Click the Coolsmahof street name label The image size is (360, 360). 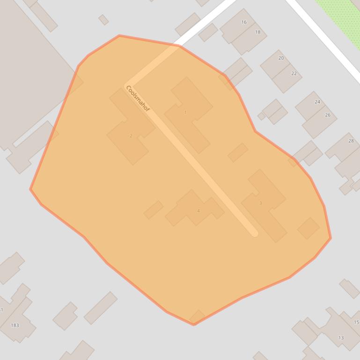tap(138, 99)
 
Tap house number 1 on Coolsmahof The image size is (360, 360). tap(185, 112)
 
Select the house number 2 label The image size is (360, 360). tap(131, 136)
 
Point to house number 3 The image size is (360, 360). tap(260, 203)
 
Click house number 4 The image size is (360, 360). tap(198, 211)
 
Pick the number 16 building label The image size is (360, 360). tap(244, 22)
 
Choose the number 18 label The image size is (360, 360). tap(257, 32)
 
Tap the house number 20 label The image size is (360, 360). tap(281, 58)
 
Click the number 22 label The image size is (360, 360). tap(294, 73)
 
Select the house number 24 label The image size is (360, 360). tap(317, 102)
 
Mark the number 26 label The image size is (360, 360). tap(328, 115)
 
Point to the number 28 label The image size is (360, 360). tap(351, 141)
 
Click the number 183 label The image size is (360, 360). tap(15, 325)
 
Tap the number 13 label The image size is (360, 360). tap(341, 338)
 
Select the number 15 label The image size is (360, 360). tap(356, 322)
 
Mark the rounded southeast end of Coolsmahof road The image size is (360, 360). tap(254, 232)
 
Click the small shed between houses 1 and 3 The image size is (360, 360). tap(238, 152)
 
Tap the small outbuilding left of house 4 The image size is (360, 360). tap(154, 210)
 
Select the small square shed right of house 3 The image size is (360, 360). tap(309, 228)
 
